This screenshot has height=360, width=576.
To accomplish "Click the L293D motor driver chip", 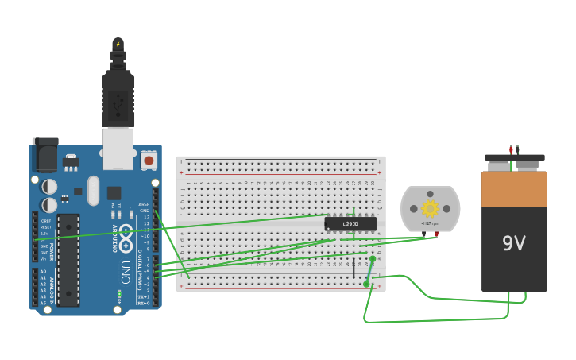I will click(350, 224).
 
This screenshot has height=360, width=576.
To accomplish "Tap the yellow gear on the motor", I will click(430, 208).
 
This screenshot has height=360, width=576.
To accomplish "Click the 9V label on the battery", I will click(514, 243).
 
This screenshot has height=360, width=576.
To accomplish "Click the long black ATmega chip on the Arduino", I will click(68, 259).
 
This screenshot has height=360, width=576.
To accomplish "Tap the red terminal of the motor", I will click(436, 234).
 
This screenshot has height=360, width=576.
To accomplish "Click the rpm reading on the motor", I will click(430, 224).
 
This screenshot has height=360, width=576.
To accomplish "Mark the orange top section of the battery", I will click(514, 189).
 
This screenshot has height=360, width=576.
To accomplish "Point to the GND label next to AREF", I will click(145, 211).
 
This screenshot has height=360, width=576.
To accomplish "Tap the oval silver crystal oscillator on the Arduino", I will click(93, 191).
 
